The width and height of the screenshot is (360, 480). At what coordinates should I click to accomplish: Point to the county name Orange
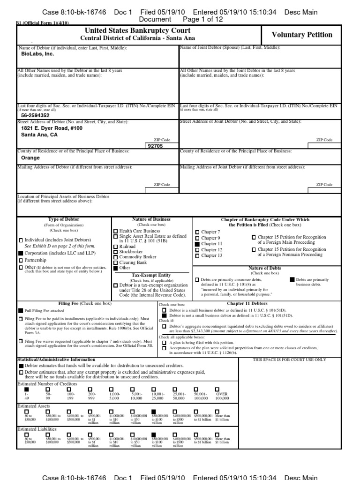coord(30,158)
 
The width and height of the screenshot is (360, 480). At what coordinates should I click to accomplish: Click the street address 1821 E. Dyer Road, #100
coord(52,127)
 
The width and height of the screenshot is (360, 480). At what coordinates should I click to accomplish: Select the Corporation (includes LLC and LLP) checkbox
coord(21,253)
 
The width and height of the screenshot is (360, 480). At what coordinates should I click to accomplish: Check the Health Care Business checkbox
coord(116,232)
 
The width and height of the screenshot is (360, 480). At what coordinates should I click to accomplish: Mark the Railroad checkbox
coord(116,246)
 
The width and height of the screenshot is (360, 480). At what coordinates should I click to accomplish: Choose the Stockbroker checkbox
coord(116,252)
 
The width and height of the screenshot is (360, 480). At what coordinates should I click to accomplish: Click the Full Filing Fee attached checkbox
coord(21,310)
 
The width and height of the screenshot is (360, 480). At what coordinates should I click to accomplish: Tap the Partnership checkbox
coord(21,260)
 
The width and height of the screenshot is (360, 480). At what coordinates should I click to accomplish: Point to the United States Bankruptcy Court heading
coord(138,30)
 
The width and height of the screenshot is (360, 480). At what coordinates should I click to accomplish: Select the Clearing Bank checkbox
coord(116,263)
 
